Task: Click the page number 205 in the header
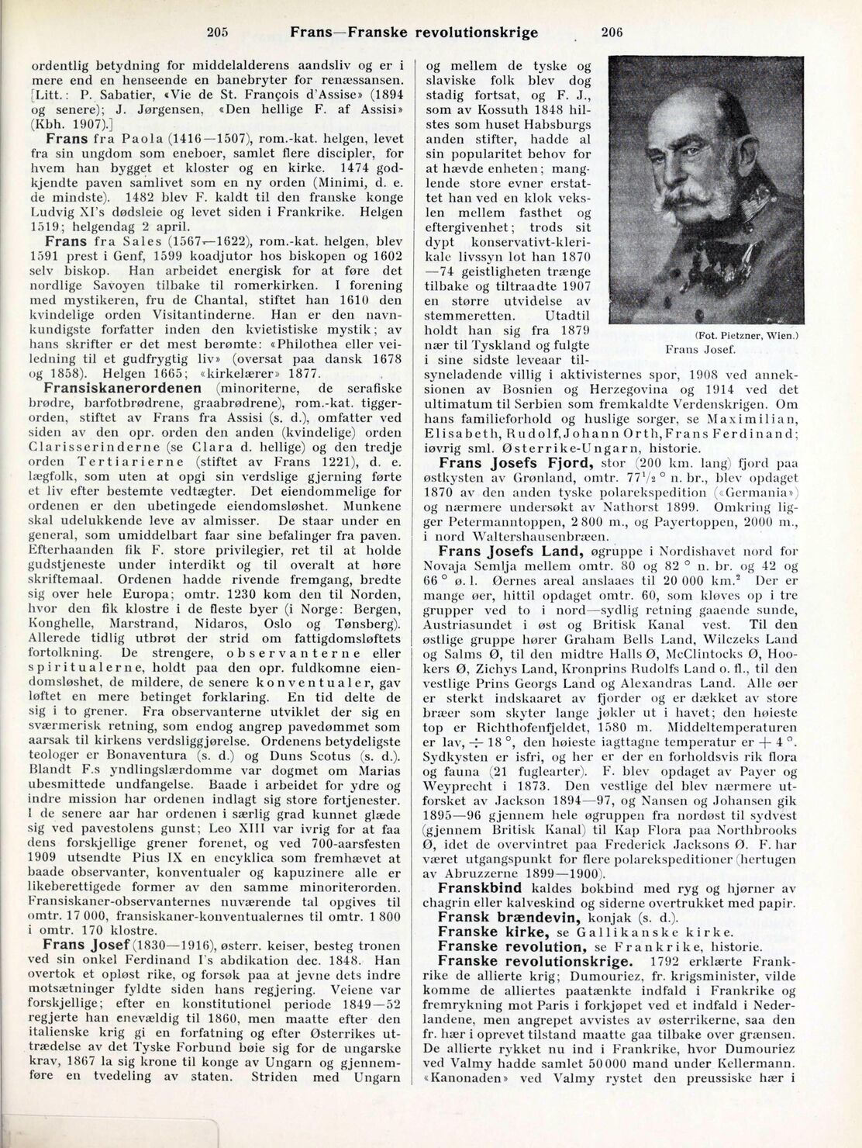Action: [x=220, y=33]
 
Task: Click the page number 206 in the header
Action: [x=612, y=33]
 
